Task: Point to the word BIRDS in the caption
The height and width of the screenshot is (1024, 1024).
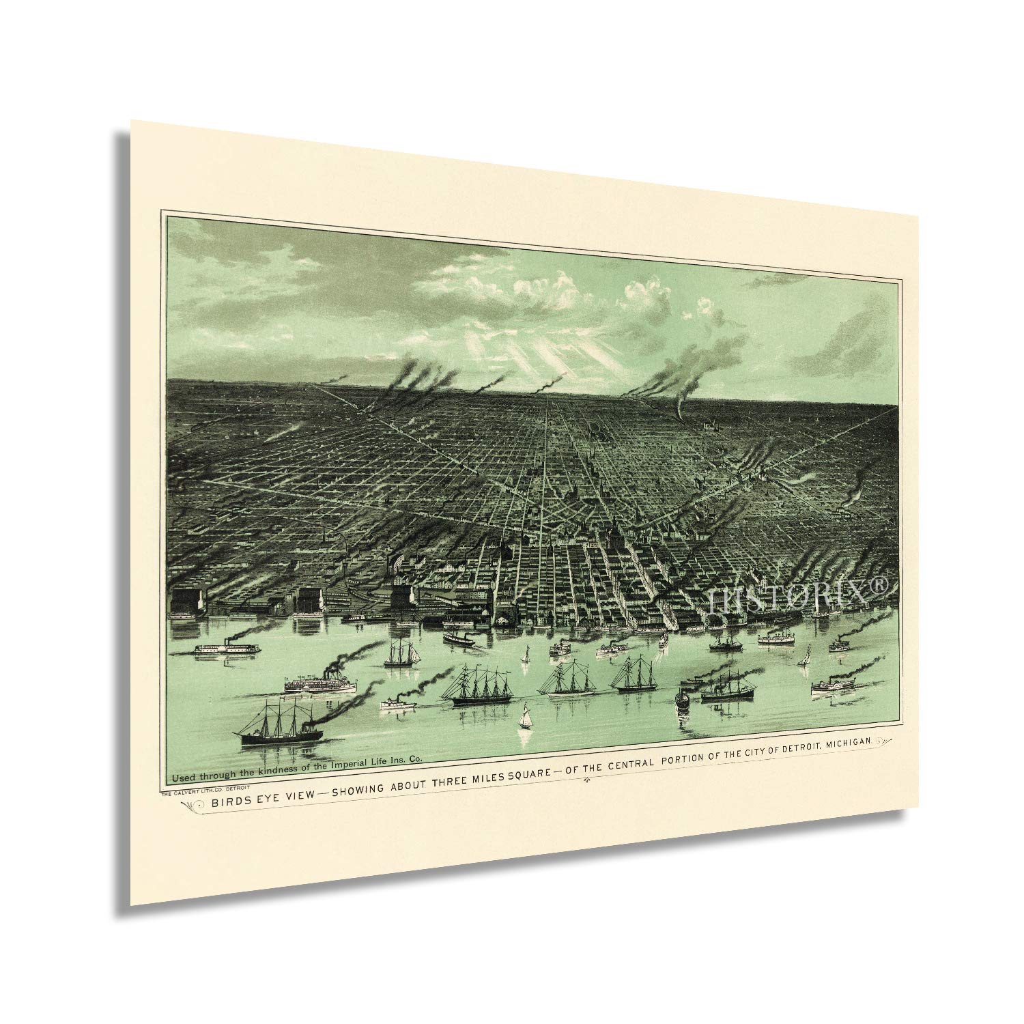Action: [x=230, y=801]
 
